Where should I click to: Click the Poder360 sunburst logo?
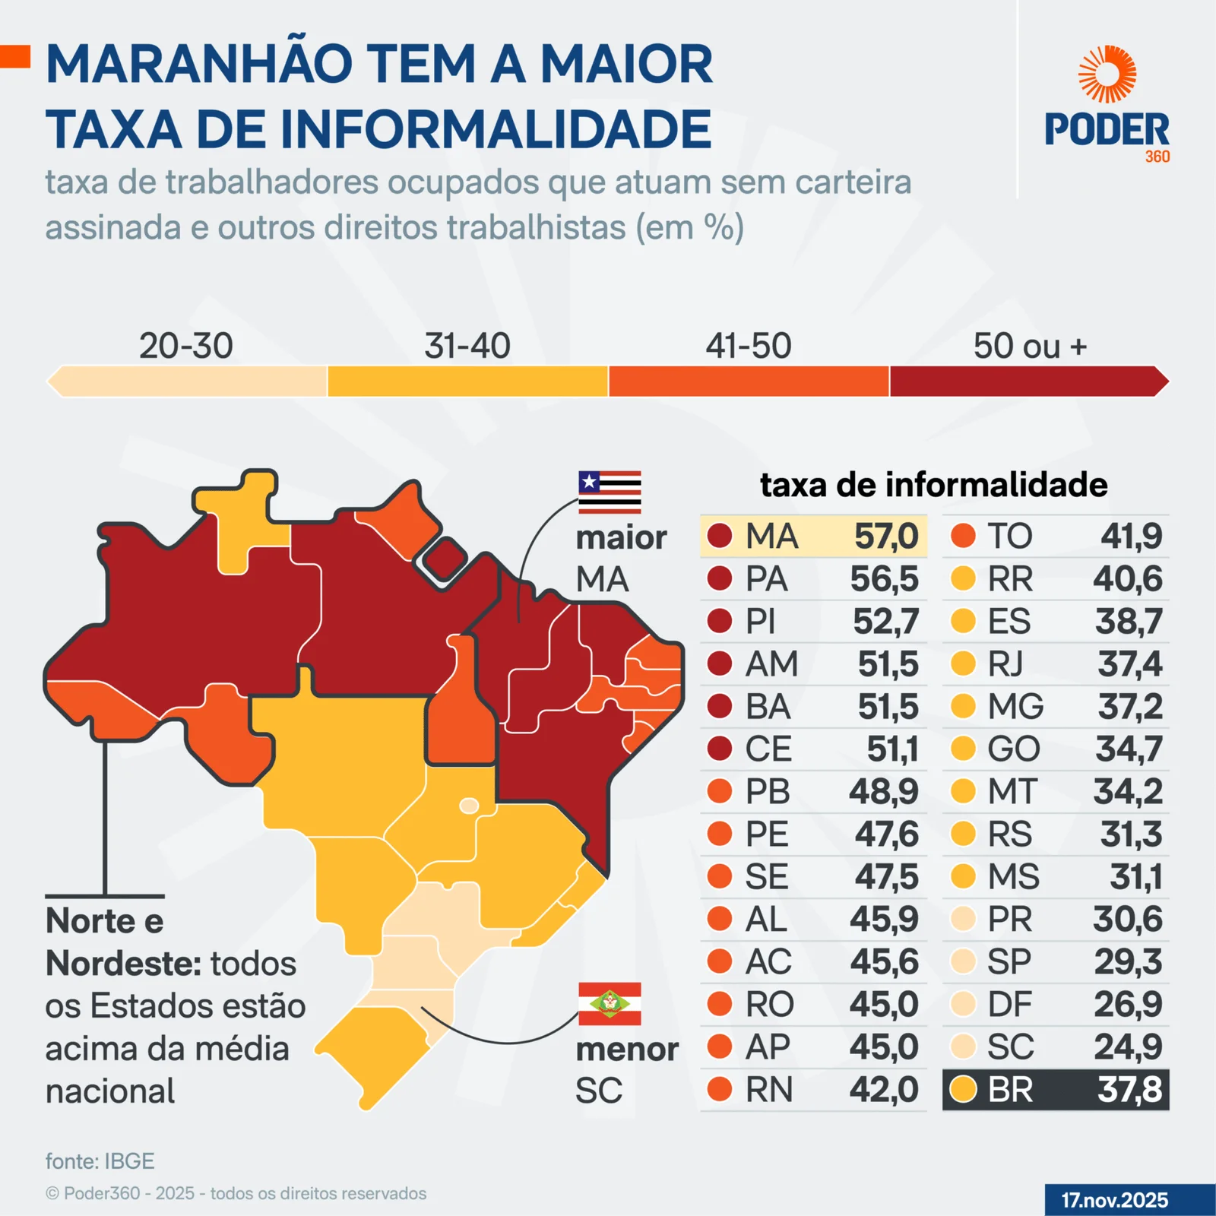[x=1107, y=74]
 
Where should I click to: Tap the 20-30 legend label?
[x=185, y=346]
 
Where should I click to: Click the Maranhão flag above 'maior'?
[x=610, y=492]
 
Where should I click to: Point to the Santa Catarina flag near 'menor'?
[x=610, y=1003]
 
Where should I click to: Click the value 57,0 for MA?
[x=886, y=537]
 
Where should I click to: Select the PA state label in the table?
[x=766, y=579]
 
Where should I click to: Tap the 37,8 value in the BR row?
[x=1129, y=1090]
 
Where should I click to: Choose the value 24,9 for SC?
[x=1128, y=1047]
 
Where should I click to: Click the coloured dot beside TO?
[x=963, y=537]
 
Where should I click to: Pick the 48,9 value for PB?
[x=884, y=792]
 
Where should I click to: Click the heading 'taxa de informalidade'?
[x=933, y=485]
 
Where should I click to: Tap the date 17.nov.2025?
[x=1114, y=1200]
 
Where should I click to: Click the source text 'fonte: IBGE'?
[x=100, y=1161]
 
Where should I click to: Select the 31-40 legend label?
[x=467, y=346]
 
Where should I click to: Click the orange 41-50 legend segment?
[x=749, y=382]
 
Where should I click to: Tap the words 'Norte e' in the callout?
[x=105, y=921]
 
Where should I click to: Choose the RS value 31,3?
[x=1131, y=834]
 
